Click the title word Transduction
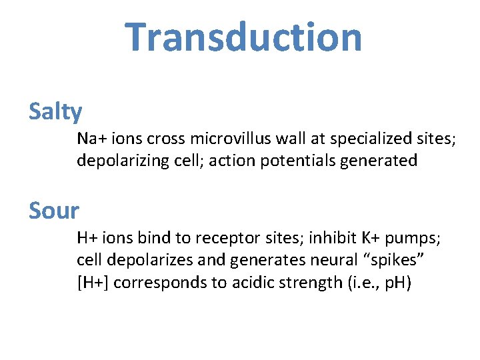(243, 37)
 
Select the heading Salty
(55, 112)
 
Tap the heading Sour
(54, 211)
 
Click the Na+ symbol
(87, 139)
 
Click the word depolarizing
(117, 161)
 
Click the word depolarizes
(146, 261)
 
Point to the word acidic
(249, 283)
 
